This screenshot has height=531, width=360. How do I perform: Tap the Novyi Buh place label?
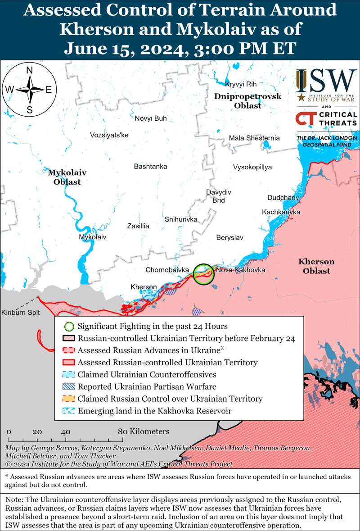point(151,118)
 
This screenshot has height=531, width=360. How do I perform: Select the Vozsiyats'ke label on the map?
point(109,135)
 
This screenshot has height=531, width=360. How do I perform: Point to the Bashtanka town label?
point(150,166)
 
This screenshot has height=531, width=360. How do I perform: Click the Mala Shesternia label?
point(254,138)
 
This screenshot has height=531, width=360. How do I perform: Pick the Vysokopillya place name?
point(252,167)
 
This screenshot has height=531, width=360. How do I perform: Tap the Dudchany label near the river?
point(283,197)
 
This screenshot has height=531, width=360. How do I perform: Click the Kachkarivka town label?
point(281,212)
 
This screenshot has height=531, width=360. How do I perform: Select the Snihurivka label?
point(181,219)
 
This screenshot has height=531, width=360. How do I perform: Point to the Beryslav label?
point(229,237)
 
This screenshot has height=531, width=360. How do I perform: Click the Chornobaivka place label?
point(167,270)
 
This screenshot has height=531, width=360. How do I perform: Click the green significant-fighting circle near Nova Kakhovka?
point(204,273)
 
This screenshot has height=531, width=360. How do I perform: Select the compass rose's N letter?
point(30,70)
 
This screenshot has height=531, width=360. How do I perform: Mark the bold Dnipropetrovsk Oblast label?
point(247,101)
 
